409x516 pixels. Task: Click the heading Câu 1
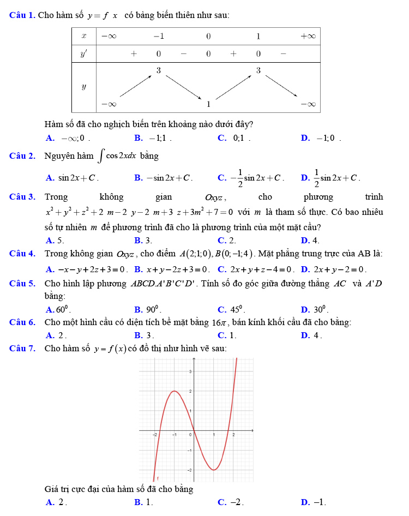22,15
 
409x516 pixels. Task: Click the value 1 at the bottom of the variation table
208,104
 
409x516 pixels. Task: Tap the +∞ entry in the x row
308,36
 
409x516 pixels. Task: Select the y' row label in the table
84,54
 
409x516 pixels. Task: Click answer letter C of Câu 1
222,138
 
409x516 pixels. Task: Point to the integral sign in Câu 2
101,157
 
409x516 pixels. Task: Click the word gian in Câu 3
164,197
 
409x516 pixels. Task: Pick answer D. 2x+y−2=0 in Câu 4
333,269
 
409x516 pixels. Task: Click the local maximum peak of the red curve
175,391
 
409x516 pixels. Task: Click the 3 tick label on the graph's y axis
190,371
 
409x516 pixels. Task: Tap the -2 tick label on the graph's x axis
154,435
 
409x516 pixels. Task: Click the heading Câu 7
22,348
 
